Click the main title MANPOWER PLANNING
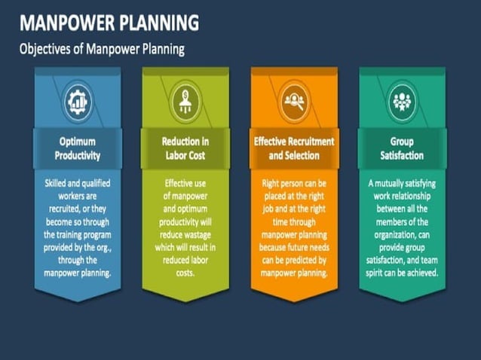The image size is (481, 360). (109, 23)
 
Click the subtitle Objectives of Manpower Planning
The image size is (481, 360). (102, 50)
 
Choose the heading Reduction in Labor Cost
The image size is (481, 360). (185, 148)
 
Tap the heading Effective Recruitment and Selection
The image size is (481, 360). (293, 148)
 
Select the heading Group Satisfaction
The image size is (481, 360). (401, 148)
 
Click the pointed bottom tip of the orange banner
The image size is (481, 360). (293, 300)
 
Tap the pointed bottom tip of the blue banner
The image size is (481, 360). (78, 300)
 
